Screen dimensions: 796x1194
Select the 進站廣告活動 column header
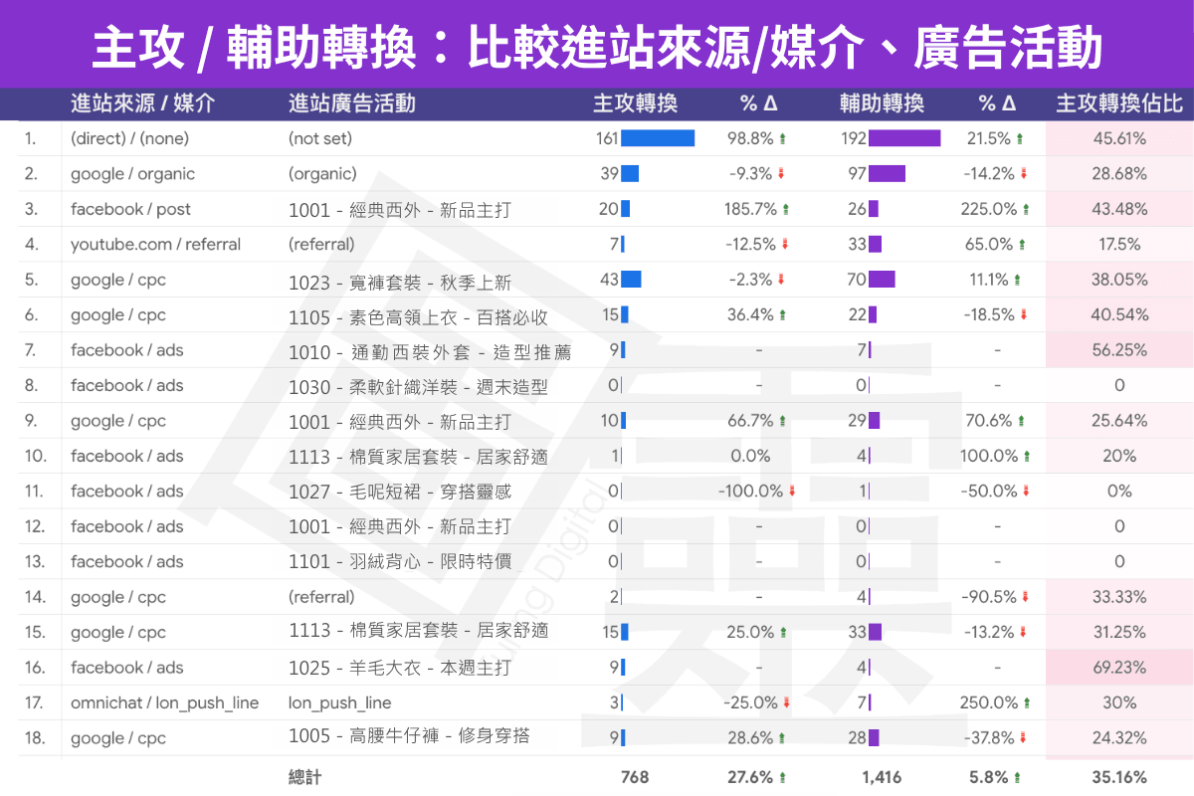click(351, 103)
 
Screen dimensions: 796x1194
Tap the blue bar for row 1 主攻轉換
click(658, 138)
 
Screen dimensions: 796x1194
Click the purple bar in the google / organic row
click(887, 174)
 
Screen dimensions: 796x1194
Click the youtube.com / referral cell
click(155, 245)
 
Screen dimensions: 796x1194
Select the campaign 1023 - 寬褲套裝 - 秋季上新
click(400, 282)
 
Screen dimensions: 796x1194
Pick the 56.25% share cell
click(1119, 350)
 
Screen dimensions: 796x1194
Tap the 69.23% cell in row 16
click(1119, 668)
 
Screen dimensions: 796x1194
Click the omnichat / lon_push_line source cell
click(164, 703)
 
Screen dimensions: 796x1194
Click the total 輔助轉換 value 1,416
click(883, 777)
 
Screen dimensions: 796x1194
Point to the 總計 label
click(304, 777)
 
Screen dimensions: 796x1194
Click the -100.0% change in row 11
click(750, 492)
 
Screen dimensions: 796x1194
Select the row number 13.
click(35, 562)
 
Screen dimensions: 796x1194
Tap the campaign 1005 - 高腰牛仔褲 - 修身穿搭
click(409, 737)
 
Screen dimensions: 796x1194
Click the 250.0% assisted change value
click(988, 703)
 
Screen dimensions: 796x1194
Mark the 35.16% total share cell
click(1119, 777)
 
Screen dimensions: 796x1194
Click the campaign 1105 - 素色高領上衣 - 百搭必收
click(418, 317)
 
